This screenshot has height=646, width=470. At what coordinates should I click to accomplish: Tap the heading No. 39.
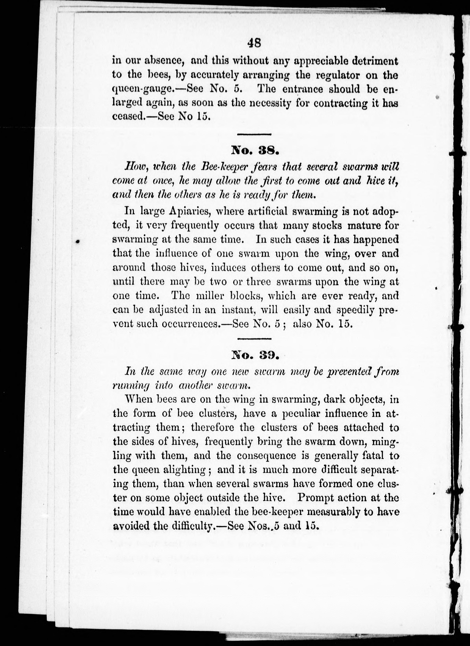[254, 355]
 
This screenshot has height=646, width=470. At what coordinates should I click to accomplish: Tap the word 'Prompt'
[316, 498]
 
